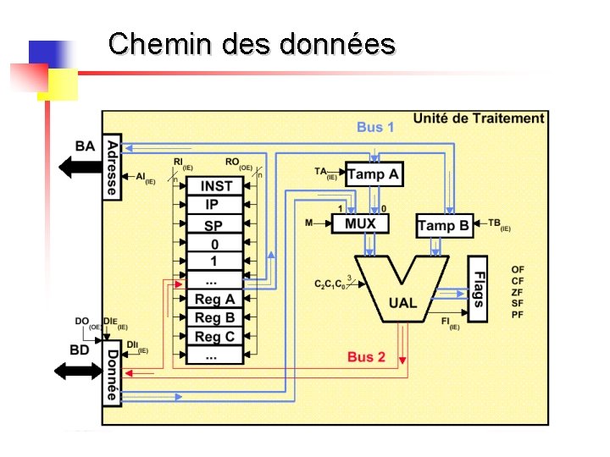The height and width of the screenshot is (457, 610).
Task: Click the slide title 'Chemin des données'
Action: (x=252, y=43)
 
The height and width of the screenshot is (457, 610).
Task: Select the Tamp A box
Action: (x=374, y=174)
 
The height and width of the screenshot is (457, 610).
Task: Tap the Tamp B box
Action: (x=444, y=225)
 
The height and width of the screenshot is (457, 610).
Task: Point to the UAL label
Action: (x=402, y=302)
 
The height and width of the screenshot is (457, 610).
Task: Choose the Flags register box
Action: (x=478, y=289)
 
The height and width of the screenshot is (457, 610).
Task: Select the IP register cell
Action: (x=212, y=205)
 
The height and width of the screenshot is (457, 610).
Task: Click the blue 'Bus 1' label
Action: (x=375, y=127)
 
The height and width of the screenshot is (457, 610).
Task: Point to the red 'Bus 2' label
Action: (x=366, y=356)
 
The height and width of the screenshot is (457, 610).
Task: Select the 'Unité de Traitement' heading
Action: (x=478, y=118)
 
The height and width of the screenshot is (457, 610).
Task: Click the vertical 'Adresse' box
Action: (x=112, y=167)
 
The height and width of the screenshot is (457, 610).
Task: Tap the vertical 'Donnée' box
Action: (x=112, y=374)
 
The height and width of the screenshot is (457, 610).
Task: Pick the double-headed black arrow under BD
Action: (x=78, y=370)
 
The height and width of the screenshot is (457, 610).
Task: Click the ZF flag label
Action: (x=518, y=291)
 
